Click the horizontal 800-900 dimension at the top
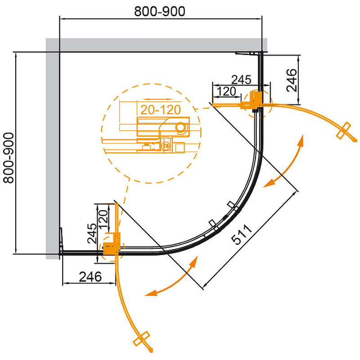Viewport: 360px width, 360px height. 160,12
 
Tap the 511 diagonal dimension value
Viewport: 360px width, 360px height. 243,233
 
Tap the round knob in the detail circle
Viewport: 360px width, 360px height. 182,127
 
